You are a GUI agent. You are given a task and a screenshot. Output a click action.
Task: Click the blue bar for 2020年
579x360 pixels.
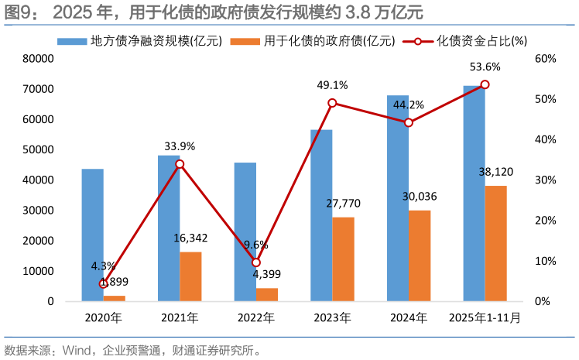pos(92,235)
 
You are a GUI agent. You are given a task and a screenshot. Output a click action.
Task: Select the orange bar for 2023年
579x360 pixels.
pos(343,259)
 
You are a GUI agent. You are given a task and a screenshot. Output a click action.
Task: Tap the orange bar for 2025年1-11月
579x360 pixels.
pos(495,243)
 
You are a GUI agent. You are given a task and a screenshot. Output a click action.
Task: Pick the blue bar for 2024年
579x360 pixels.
pos(398,198)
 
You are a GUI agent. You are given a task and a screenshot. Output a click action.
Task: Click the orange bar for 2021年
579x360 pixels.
pos(190,276)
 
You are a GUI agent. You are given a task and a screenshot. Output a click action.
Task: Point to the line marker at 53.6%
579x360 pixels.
pos(485,84)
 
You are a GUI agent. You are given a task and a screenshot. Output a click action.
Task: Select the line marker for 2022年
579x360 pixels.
pos(256,262)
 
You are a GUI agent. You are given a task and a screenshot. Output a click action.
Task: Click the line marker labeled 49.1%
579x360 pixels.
pos(332,103)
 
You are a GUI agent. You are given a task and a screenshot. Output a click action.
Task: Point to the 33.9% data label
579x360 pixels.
pos(180,146)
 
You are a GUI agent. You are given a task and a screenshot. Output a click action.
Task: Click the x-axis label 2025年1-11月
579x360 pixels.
pos(485,317)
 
